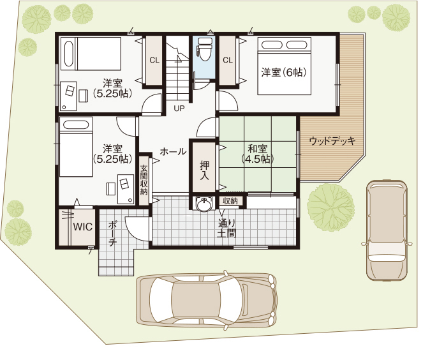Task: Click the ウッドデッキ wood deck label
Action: (332, 141)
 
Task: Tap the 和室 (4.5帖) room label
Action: (258, 154)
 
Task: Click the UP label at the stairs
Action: (179, 109)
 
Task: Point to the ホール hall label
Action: (173, 152)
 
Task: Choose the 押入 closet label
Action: (204, 170)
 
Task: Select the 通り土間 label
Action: (226, 229)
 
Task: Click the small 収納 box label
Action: (230, 201)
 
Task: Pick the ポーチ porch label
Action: (113, 234)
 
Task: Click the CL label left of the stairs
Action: (154, 60)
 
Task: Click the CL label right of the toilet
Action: (228, 60)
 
